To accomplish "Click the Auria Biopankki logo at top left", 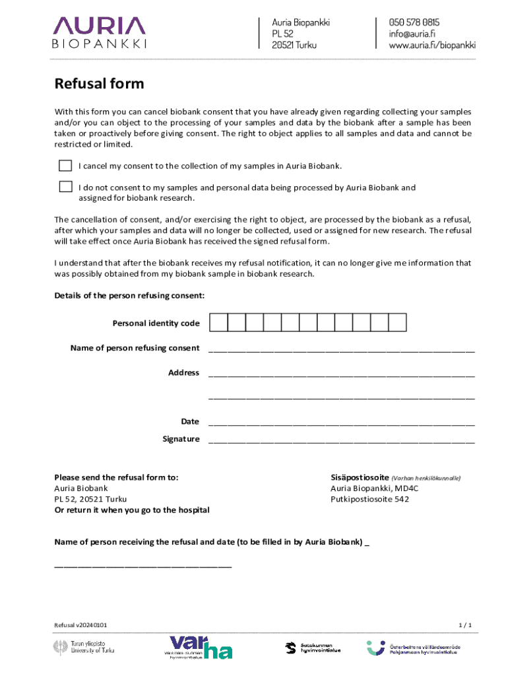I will coord(99,32).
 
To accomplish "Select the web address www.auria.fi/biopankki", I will coord(431,46).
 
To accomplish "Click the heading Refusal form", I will coord(99,84).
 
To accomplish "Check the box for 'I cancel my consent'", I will coord(65,165).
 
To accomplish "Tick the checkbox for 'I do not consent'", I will coord(65,187).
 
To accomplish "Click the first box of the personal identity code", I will coord(218,322).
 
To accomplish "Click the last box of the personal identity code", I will coord(397,322).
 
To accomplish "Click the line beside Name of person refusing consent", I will coord(341,350).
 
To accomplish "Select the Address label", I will coord(183,373).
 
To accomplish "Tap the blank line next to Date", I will coord(341,423).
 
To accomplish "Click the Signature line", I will coord(341,440).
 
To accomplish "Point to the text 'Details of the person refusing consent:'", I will coord(129,295).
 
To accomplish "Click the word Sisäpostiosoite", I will coord(360,477).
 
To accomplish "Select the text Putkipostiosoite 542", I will coord(369,499).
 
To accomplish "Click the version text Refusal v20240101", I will coord(80,625).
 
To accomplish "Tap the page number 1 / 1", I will coord(465,625).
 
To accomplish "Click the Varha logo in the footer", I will coord(200,648).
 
